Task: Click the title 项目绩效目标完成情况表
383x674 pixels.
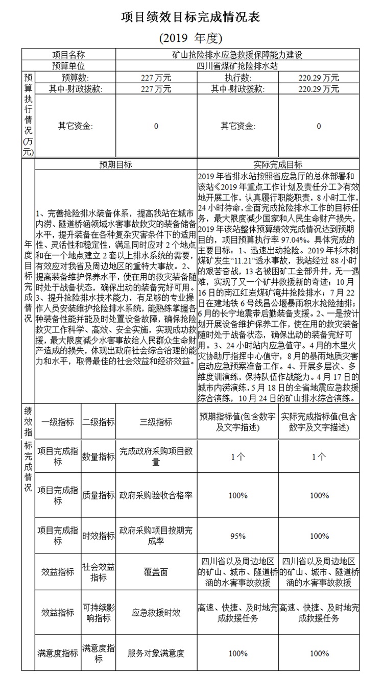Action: (191, 17)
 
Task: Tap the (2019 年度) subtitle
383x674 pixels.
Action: (191, 38)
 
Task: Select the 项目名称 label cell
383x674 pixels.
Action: (68, 55)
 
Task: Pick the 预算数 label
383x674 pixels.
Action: (75, 78)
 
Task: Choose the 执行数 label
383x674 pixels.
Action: (237, 78)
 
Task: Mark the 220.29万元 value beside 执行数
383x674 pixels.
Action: (319, 78)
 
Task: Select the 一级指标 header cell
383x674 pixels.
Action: (58, 422)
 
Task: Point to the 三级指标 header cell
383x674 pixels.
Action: (156, 422)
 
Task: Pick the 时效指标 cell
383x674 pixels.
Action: (99, 536)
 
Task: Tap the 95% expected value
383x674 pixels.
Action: (237, 536)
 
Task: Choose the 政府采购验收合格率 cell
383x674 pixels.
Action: (156, 495)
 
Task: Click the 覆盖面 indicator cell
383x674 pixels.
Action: (156, 572)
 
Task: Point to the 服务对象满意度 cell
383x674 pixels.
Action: (156, 653)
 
